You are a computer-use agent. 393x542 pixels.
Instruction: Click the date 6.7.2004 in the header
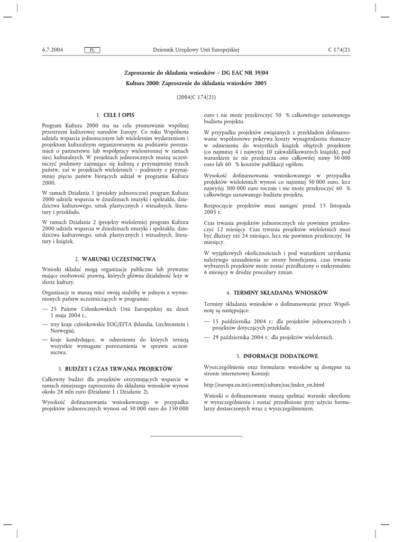52,50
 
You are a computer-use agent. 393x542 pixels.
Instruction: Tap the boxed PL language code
92,50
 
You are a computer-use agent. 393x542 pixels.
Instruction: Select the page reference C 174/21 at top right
339,50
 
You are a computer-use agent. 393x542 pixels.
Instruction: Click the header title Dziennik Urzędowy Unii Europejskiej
196,50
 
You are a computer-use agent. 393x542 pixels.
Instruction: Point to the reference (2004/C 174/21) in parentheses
196,98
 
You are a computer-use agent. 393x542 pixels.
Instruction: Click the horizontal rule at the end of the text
196,436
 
